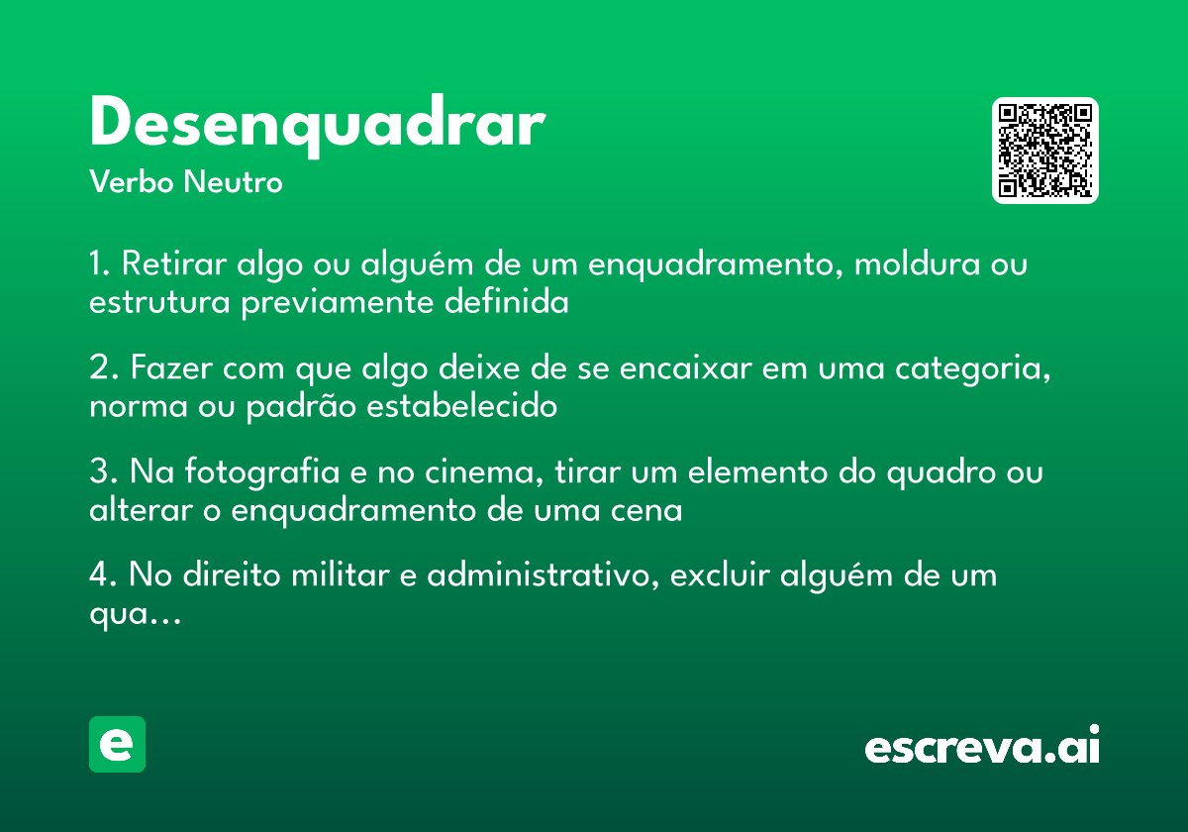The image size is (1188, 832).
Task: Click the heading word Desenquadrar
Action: click(317, 125)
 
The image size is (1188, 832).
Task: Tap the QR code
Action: click(1045, 151)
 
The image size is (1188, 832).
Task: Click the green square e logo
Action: click(117, 744)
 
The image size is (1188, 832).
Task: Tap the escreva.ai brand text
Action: click(982, 747)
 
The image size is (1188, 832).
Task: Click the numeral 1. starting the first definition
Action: click(99, 265)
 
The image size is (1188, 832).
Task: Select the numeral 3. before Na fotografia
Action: click(102, 472)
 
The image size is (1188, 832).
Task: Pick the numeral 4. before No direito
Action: click(103, 575)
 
